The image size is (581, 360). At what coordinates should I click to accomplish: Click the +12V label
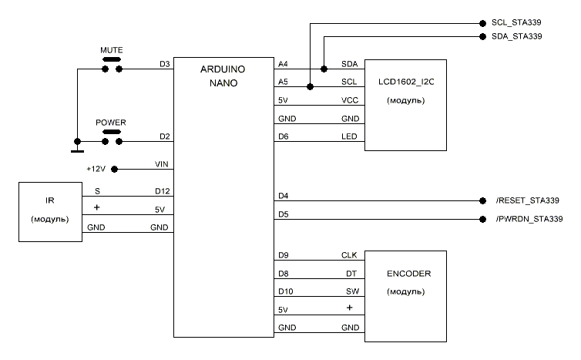click(96, 169)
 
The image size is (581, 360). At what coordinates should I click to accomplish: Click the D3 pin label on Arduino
click(164, 64)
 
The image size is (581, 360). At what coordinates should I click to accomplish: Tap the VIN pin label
click(162, 164)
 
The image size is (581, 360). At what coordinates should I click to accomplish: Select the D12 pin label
click(161, 190)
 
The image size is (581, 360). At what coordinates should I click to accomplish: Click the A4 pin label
click(283, 64)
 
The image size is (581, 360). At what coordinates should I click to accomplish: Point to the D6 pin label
click(283, 137)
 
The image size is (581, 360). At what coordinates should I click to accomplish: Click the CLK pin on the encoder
click(348, 254)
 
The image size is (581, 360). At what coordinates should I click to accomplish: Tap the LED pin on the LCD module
click(348, 137)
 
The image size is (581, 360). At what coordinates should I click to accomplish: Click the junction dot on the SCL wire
click(310, 86)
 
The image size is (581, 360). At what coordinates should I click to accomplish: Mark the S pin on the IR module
click(97, 190)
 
